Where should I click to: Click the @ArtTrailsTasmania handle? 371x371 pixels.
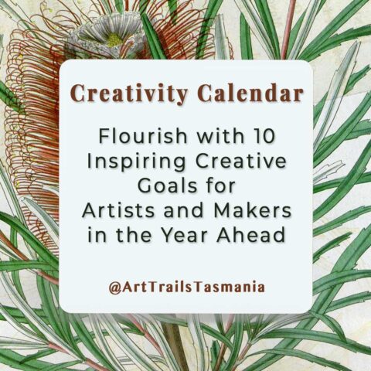185,287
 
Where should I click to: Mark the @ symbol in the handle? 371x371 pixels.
113,287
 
